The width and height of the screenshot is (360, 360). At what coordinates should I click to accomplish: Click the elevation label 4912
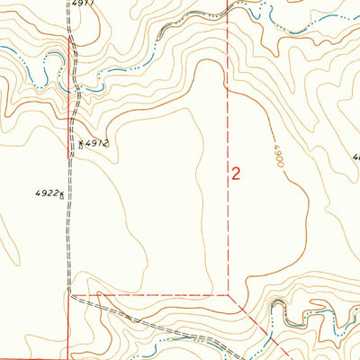(97, 143)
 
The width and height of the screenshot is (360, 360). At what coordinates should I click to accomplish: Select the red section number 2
(236, 174)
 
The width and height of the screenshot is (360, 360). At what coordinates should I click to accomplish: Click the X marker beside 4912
(80, 143)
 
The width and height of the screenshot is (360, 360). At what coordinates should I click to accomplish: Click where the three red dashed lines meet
(229, 293)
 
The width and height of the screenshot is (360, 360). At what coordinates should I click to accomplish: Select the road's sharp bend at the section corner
(70, 294)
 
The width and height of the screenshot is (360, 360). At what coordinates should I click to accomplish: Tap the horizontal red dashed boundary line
(153, 294)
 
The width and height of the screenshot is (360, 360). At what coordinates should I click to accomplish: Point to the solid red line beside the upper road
(68, 54)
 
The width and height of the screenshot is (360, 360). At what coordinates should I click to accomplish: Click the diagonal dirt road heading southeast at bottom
(117, 315)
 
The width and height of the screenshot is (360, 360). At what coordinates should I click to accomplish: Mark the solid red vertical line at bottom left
(68, 333)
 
